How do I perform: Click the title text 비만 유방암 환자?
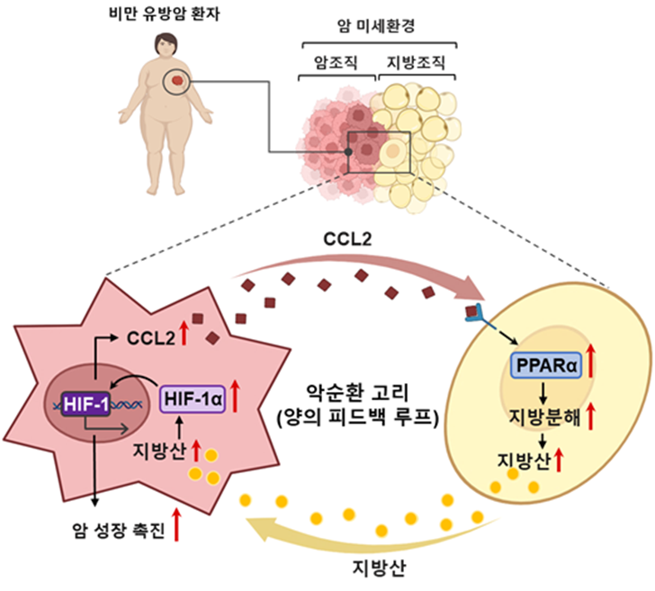(x=175, y=13)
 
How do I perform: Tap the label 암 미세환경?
(x=380, y=27)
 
